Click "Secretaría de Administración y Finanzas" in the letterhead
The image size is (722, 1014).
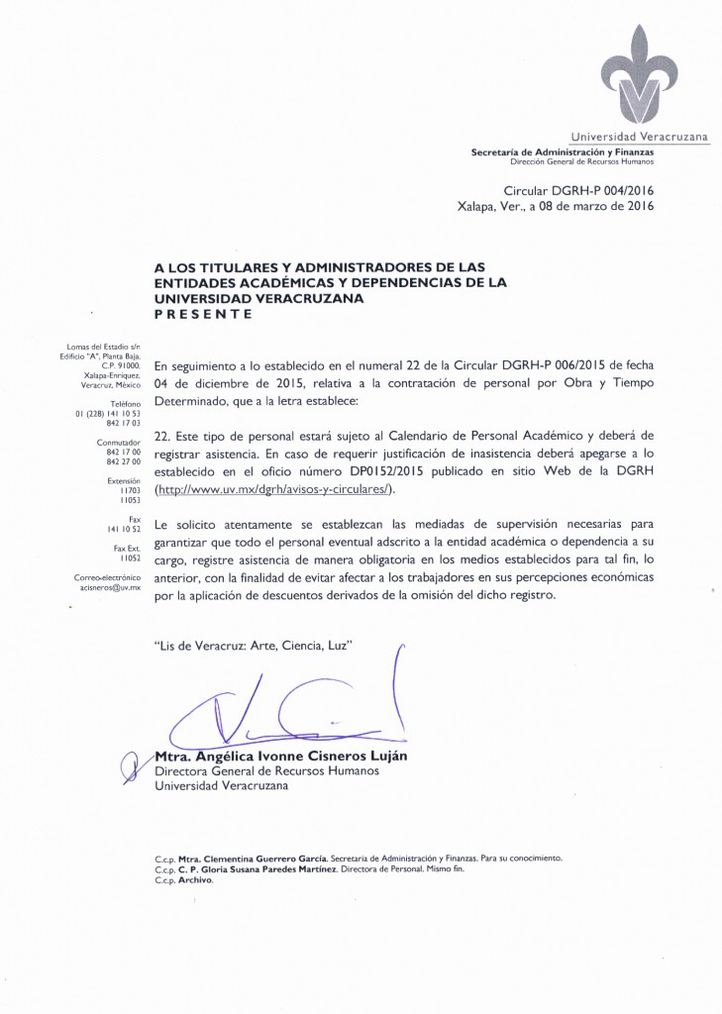coord(562,151)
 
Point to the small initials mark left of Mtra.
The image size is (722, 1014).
coord(127,764)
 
